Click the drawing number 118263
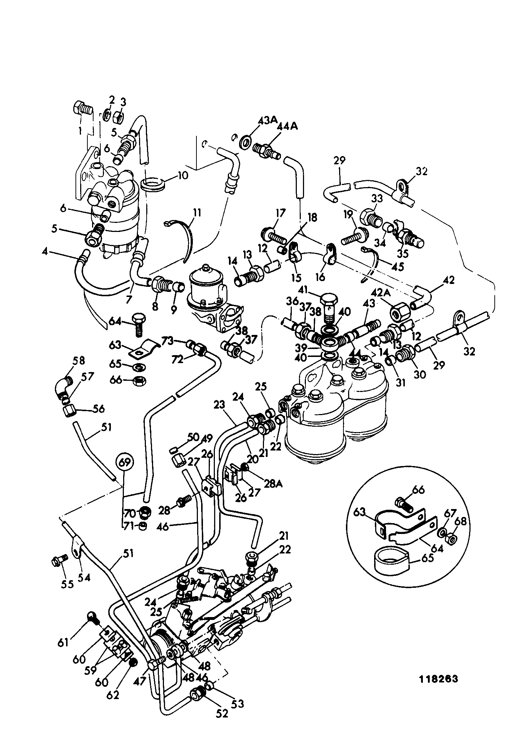[438, 679]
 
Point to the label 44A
[287, 127]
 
